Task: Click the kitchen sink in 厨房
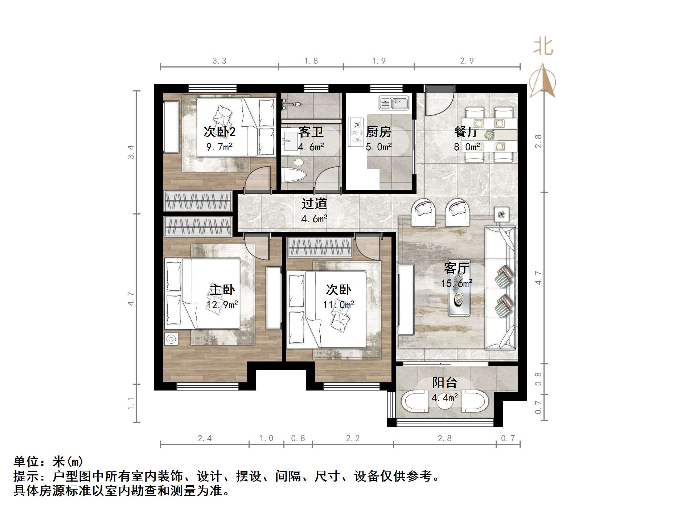[394, 103]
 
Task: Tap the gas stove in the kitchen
[356, 132]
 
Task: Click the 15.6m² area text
[456, 283]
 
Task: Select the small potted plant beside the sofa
[501, 214]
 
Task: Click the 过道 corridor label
[314, 204]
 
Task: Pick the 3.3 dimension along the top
[219, 61]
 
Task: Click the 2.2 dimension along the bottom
[353, 438]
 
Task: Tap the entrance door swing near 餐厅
[439, 101]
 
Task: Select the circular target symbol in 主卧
[171, 339]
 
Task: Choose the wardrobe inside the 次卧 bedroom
[320, 247]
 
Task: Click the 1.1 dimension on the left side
[131, 403]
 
